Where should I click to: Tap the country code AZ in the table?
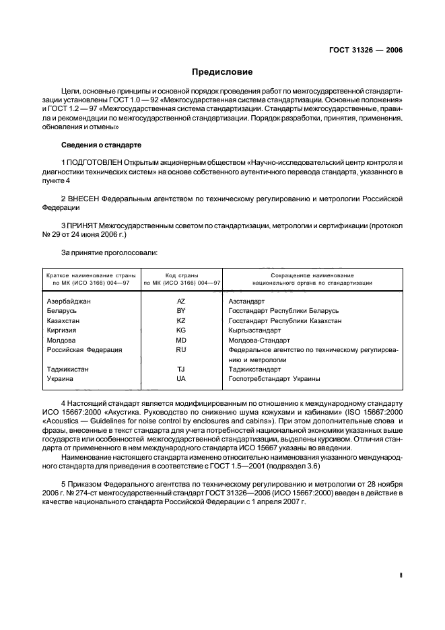(180, 302)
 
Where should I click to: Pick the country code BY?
(180, 311)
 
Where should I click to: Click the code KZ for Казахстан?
(180, 321)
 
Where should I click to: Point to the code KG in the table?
(180, 330)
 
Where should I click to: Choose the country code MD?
(180, 341)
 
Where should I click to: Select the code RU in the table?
(180, 350)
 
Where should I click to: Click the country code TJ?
(180, 370)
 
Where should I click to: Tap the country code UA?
(180, 379)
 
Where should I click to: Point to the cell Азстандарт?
(247, 302)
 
